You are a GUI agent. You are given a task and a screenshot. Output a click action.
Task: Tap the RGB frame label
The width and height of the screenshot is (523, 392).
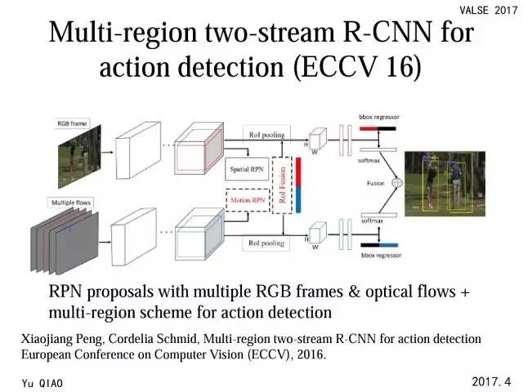[x=73, y=123]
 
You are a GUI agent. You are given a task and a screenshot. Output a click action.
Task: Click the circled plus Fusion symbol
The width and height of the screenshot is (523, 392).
[x=397, y=183]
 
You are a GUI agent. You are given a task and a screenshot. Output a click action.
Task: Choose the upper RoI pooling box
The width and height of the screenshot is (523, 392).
[x=266, y=132]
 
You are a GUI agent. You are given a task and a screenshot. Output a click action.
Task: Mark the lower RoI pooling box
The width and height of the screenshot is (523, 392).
[x=266, y=243]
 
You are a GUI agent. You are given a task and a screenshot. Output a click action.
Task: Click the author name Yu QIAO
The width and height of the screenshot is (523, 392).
[x=43, y=382]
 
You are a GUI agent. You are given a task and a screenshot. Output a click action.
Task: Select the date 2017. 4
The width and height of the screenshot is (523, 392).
[x=490, y=381]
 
